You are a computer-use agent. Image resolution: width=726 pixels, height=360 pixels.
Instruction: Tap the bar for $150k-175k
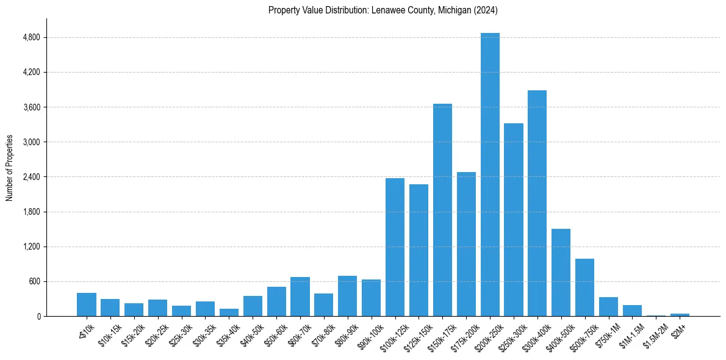pos(442,210)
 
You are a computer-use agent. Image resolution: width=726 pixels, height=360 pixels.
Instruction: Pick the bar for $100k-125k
pos(395,247)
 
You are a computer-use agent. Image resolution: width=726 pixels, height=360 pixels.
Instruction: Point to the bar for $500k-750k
pos(584,287)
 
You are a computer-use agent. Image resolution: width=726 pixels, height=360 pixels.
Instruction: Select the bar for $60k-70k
pos(300,297)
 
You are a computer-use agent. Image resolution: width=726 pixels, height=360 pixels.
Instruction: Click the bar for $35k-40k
pos(229,312)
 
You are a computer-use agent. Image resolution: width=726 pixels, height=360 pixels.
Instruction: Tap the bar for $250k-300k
pos(514,220)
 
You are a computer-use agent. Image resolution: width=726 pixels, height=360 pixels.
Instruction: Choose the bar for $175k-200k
pos(466,244)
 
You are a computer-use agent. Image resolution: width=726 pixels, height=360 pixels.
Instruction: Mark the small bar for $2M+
pos(680,315)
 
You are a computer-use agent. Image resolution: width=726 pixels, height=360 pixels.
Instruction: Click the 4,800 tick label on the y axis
pos(31,38)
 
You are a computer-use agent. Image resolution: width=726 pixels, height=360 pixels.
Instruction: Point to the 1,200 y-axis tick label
pos(31,247)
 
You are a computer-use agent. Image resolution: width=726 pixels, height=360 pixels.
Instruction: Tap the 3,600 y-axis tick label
pos(31,107)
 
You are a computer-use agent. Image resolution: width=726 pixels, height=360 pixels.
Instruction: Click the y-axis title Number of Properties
pos(9,168)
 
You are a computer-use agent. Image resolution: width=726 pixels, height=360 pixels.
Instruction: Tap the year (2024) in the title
pos(487,10)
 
